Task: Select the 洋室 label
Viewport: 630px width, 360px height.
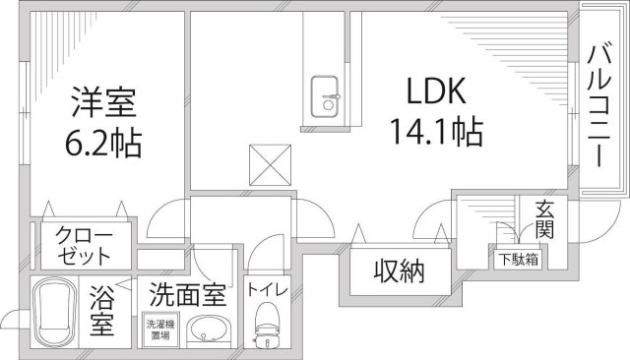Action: click(101, 102)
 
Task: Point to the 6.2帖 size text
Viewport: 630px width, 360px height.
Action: click(102, 145)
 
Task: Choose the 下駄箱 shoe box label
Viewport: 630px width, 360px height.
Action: click(516, 261)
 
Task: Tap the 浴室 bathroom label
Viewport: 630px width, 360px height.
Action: click(102, 308)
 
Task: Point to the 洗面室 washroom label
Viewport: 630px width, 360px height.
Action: click(187, 293)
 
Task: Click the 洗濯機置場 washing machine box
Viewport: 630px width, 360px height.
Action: click(158, 327)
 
